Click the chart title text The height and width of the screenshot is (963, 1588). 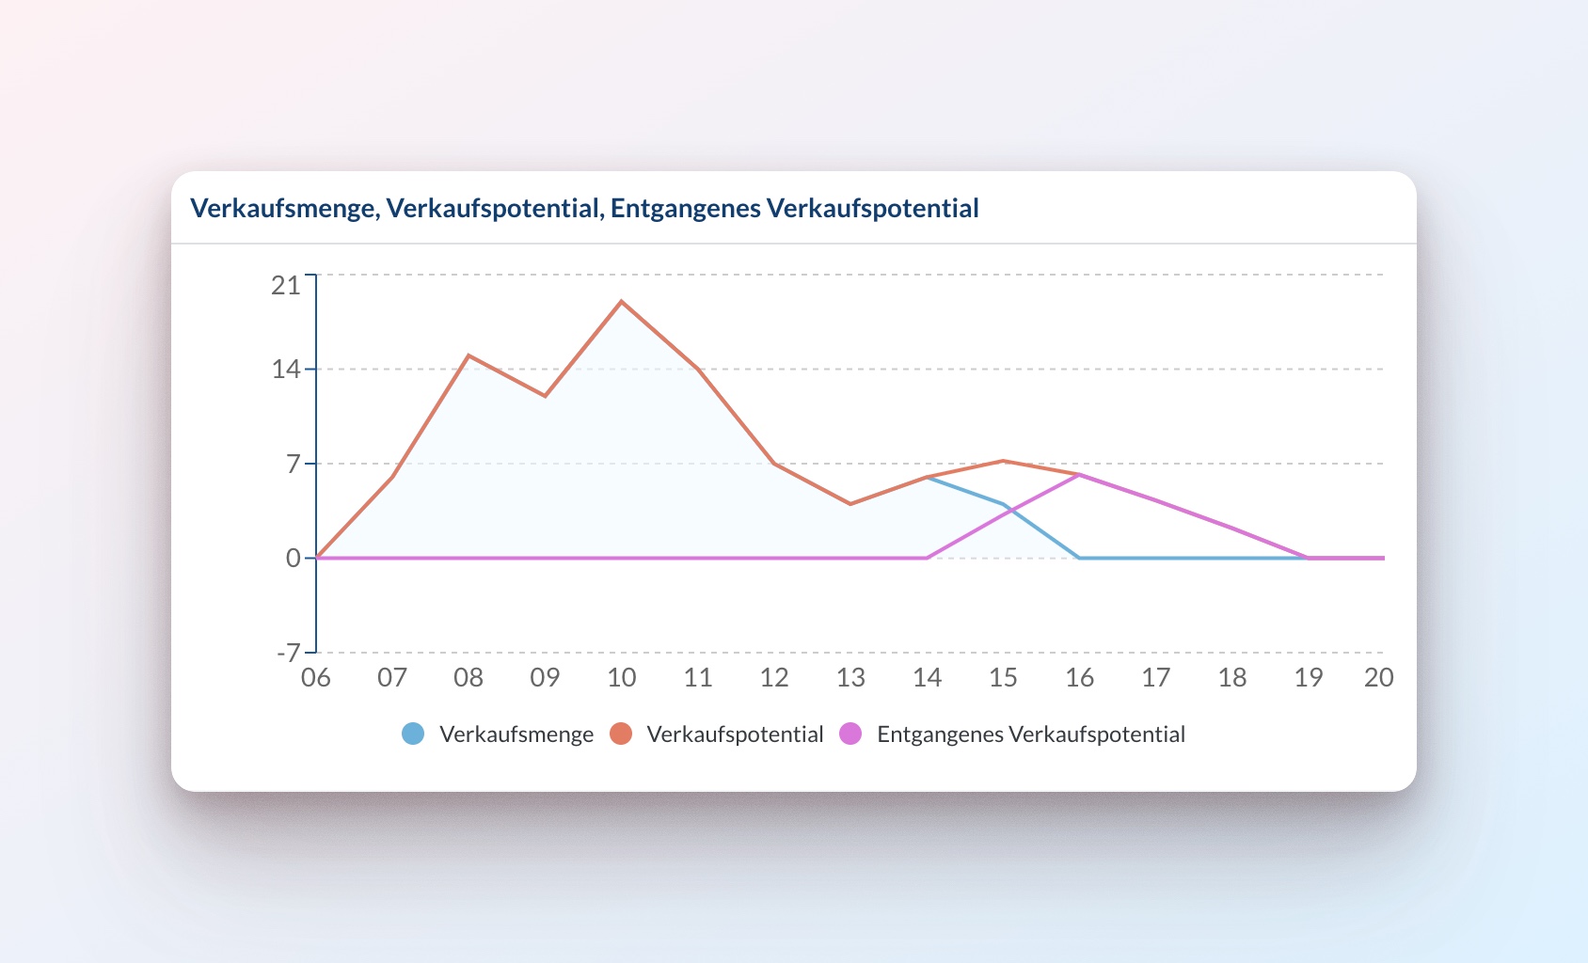pos(584,208)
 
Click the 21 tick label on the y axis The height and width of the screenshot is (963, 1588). pos(285,285)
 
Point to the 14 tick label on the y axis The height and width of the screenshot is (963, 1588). pos(285,369)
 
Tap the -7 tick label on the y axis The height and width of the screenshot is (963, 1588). pos(288,653)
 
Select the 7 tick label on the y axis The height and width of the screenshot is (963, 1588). pos(294,464)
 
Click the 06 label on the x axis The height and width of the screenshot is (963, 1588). pos(316,677)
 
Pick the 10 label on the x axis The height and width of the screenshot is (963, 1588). pos(621,677)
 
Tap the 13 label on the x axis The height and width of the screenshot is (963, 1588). pos(850,677)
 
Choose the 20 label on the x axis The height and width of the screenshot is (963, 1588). pos(1378,677)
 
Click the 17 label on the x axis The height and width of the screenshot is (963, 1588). pos(1155,677)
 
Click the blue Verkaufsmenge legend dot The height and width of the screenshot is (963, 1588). pos(413,734)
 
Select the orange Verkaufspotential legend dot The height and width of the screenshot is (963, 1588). pos(621,734)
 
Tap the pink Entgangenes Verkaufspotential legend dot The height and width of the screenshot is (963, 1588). pos(850,734)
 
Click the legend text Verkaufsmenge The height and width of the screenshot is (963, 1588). pos(516,734)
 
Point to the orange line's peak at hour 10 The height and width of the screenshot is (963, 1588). pos(621,302)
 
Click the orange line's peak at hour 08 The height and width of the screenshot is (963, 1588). pos(468,355)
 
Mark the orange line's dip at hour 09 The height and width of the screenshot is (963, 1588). pos(545,396)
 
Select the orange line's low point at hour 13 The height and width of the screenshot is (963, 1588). pos(850,504)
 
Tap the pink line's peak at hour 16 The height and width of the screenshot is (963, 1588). pos(1080,474)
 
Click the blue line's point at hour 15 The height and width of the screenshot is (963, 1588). pos(1004,504)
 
